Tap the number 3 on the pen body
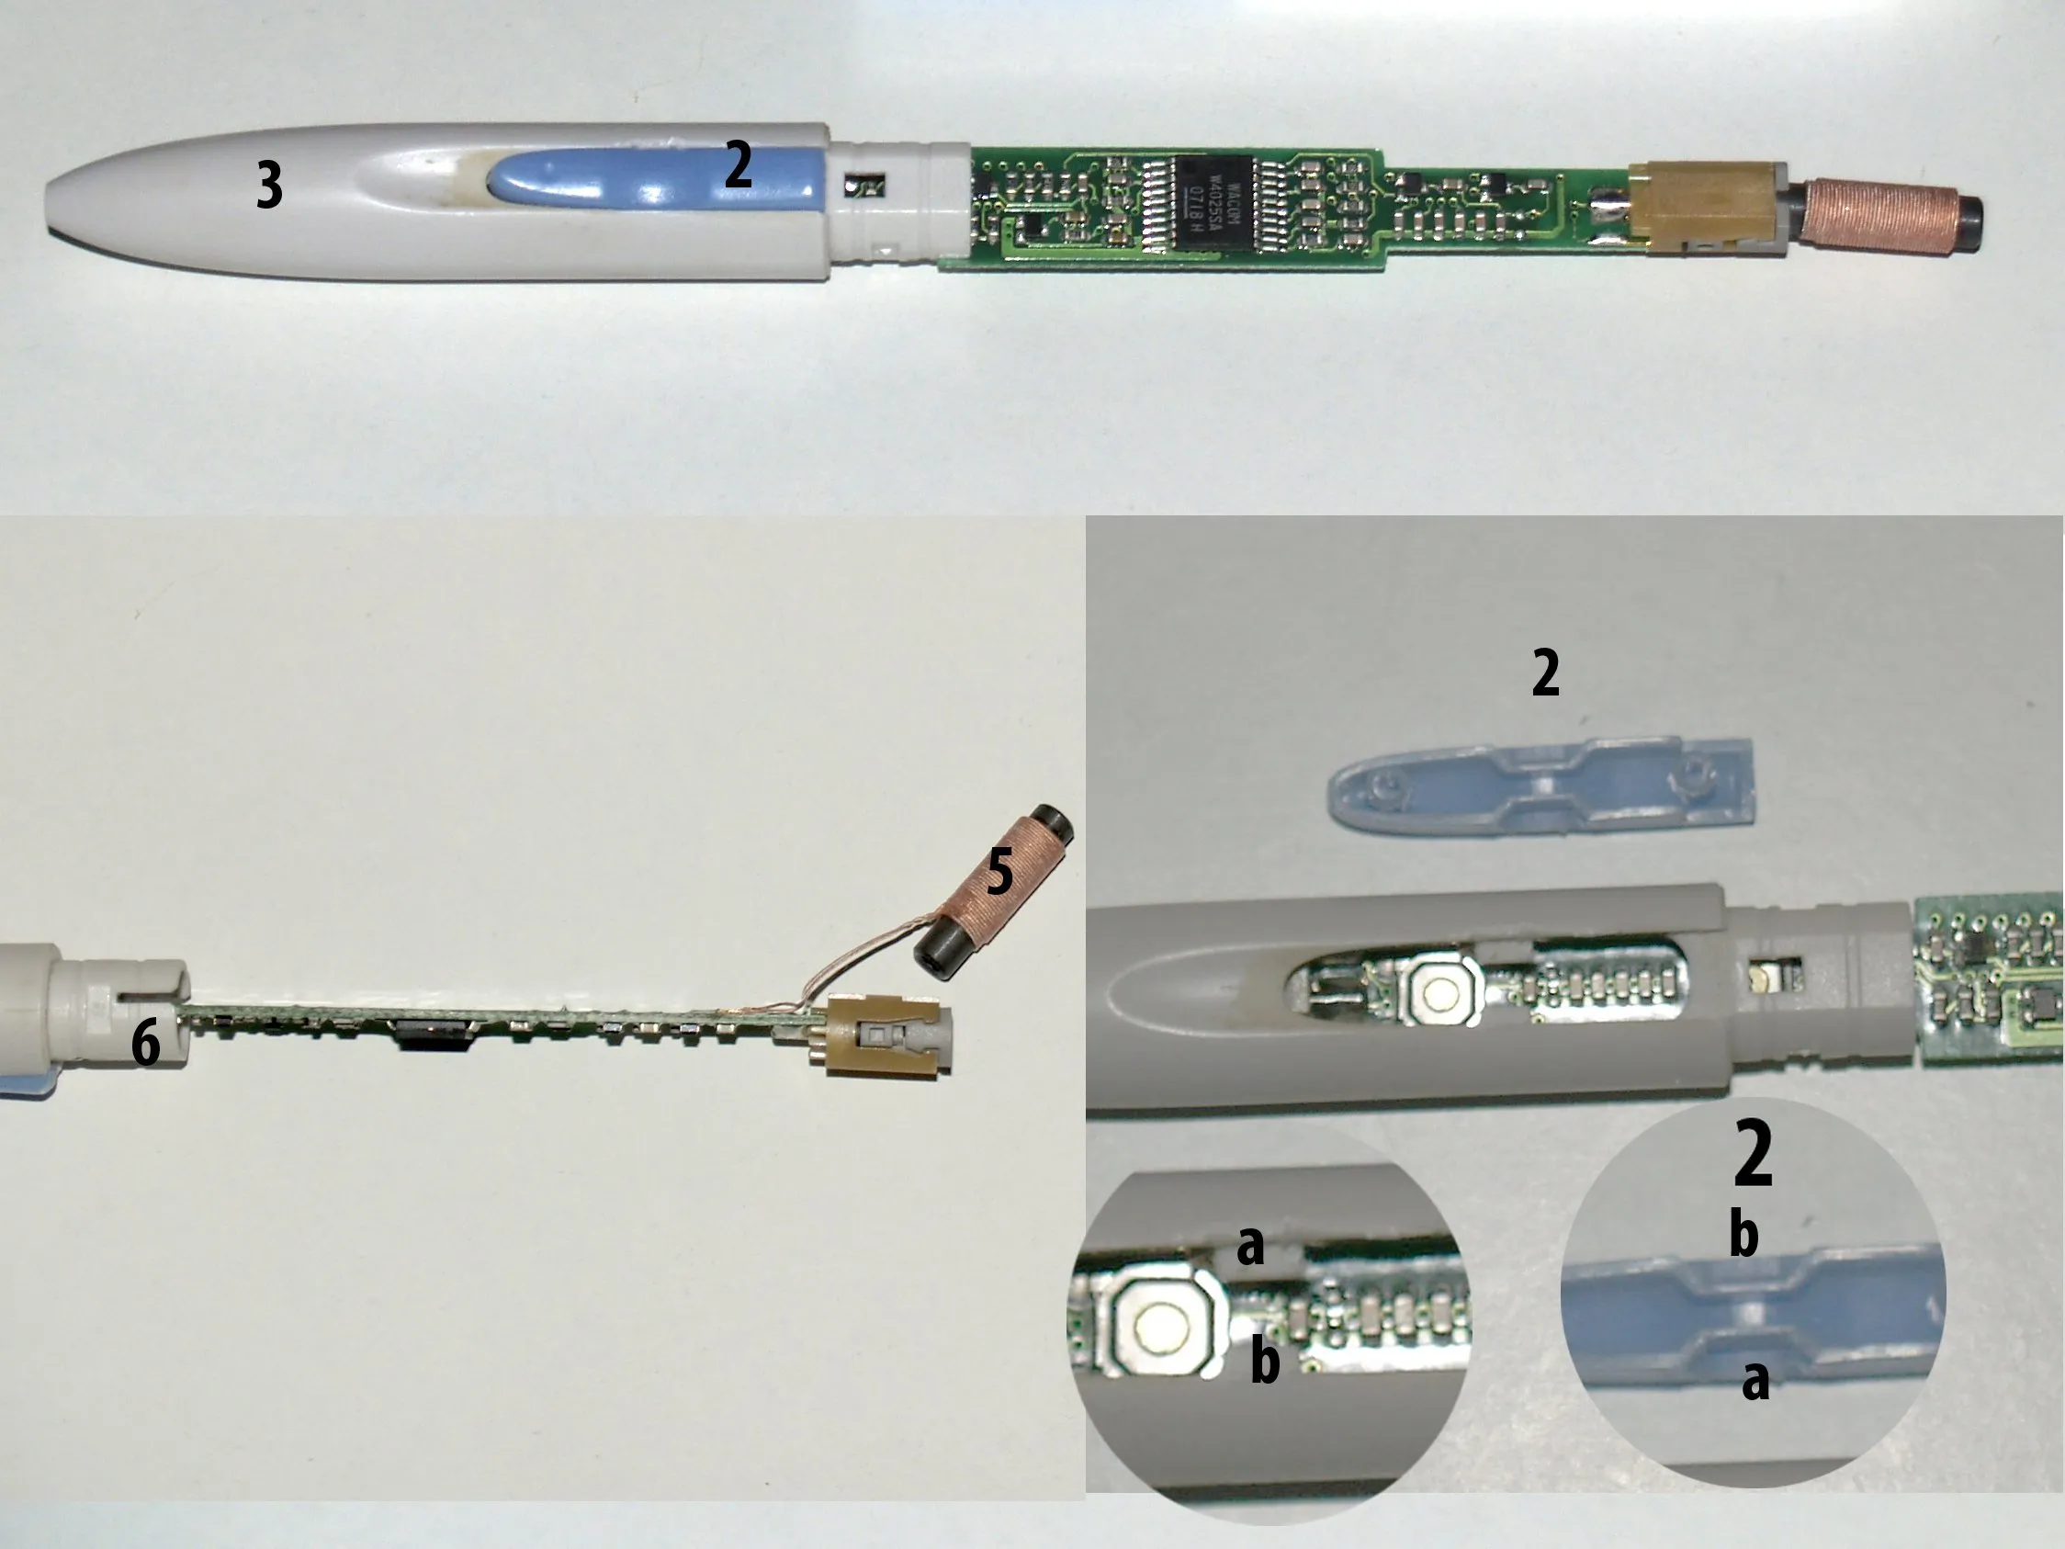(x=269, y=185)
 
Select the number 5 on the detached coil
(x=999, y=871)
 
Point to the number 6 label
(x=146, y=1042)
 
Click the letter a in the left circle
(x=1249, y=1245)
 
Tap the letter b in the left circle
(x=1265, y=1362)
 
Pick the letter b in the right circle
(x=1743, y=1235)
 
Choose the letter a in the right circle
(x=1755, y=1380)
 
